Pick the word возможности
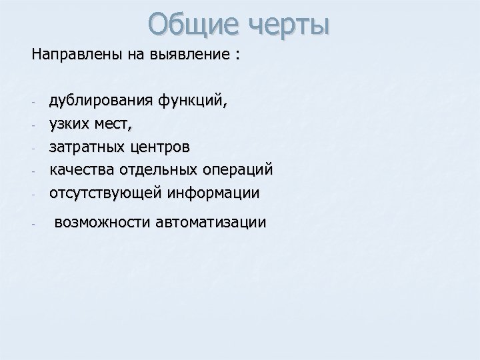[100, 222]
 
